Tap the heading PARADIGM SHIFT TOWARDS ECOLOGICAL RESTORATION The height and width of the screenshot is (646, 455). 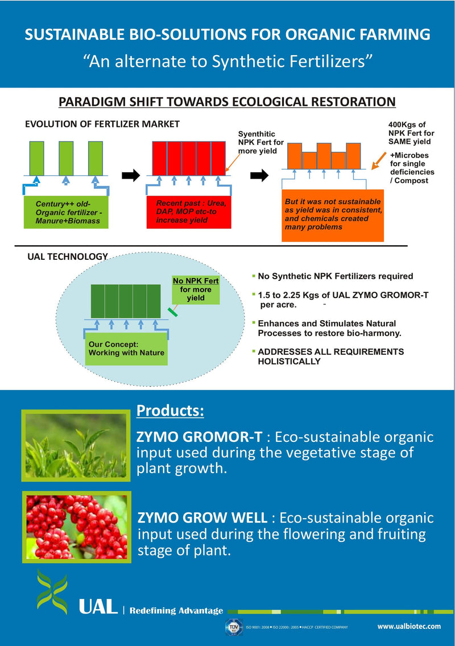point(227,102)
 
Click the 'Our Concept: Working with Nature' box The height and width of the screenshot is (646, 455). point(126,348)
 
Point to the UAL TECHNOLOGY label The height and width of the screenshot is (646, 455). point(68,256)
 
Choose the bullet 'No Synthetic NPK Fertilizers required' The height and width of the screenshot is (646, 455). point(335,276)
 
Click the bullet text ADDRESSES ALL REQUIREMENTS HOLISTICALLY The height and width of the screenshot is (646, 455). point(330,357)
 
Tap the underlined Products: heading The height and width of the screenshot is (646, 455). point(170,411)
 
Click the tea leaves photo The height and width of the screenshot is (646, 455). point(76,445)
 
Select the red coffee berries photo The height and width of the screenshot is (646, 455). point(76,527)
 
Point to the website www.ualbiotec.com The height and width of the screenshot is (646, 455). point(409,626)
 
